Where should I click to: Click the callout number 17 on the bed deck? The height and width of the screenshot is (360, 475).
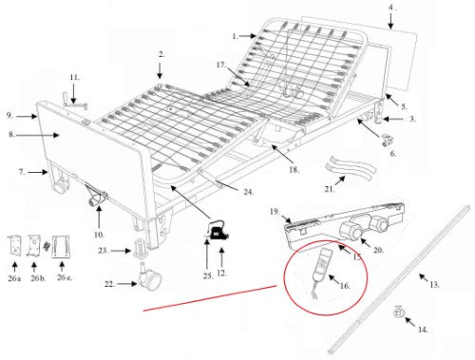click(x=219, y=66)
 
